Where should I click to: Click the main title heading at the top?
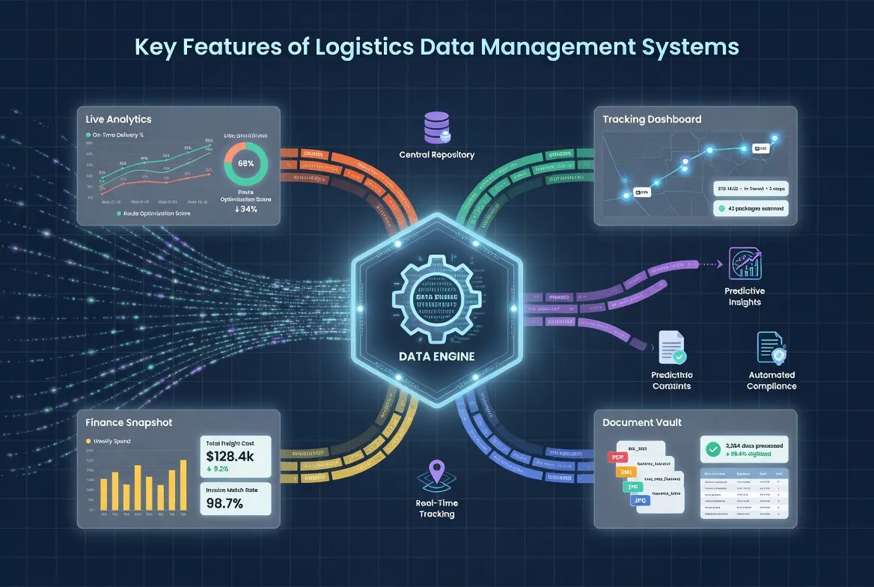437,46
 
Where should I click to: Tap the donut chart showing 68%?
245,165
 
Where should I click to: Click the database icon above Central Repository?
436,127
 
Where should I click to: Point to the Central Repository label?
437,155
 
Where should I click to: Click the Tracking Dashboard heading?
652,120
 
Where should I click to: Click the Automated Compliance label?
771,380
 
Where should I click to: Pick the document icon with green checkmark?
671,348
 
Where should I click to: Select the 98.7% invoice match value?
224,503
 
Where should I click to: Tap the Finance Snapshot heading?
129,422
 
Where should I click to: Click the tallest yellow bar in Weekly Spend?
183,484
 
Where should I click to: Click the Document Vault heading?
641,422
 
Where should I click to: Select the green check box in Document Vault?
713,449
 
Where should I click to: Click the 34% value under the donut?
246,209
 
